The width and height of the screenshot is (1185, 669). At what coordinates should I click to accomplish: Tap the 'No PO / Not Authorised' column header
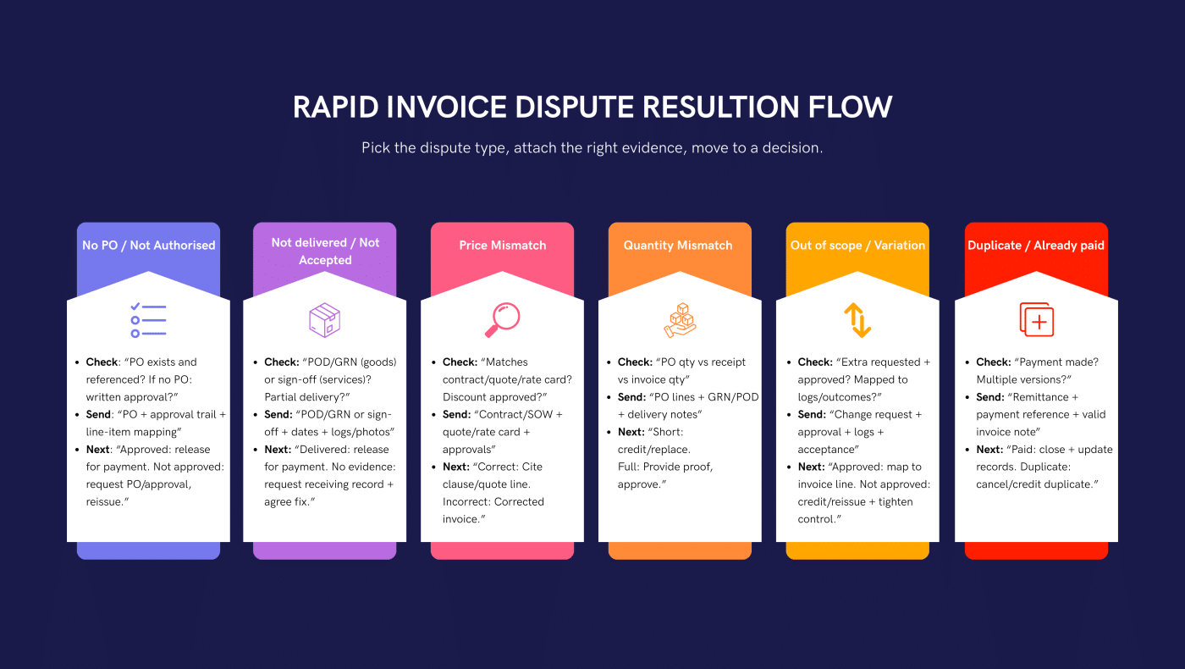[148, 246]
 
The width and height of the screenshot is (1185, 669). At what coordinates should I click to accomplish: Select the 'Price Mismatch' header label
[503, 246]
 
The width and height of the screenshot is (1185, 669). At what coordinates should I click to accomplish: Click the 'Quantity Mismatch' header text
[678, 246]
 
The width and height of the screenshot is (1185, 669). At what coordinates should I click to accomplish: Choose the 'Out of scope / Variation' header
[857, 246]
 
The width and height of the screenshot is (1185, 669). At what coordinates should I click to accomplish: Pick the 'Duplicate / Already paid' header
[1035, 246]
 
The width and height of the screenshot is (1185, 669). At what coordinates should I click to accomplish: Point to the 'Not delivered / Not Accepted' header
[325, 252]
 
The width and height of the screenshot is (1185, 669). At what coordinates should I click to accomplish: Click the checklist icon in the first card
[148, 321]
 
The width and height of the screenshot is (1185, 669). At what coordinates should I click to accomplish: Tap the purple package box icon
[325, 321]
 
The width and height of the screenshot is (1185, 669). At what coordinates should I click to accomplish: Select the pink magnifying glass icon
[502, 321]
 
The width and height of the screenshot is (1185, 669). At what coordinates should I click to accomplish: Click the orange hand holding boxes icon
[679, 321]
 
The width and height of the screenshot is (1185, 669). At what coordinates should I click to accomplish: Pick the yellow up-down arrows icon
[857, 321]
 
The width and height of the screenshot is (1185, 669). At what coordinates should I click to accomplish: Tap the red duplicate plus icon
[1036, 321]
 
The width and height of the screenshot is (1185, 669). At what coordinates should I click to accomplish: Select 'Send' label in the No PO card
[98, 415]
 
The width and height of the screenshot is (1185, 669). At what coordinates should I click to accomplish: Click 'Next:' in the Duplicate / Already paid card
[989, 450]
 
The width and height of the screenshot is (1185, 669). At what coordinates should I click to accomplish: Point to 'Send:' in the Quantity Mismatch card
[632, 397]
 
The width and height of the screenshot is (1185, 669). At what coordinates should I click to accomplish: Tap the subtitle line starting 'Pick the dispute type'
[592, 148]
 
